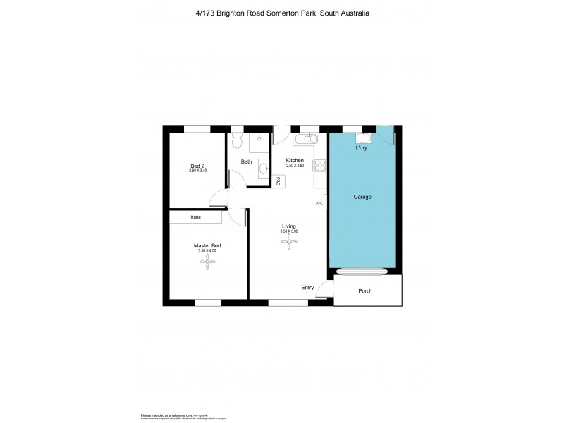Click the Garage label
(x=362, y=197)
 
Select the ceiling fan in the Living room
(x=289, y=242)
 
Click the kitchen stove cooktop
(x=319, y=166)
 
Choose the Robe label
(x=195, y=217)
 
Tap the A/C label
(x=319, y=204)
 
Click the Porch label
(x=365, y=291)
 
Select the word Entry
(x=307, y=287)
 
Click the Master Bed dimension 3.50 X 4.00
(x=207, y=250)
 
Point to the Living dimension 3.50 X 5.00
(x=289, y=231)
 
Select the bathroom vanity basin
(x=262, y=168)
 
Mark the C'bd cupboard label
(x=278, y=180)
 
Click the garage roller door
(x=362, y=271)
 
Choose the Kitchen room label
(x=295, y=161)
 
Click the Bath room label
(x=246, y=161)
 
